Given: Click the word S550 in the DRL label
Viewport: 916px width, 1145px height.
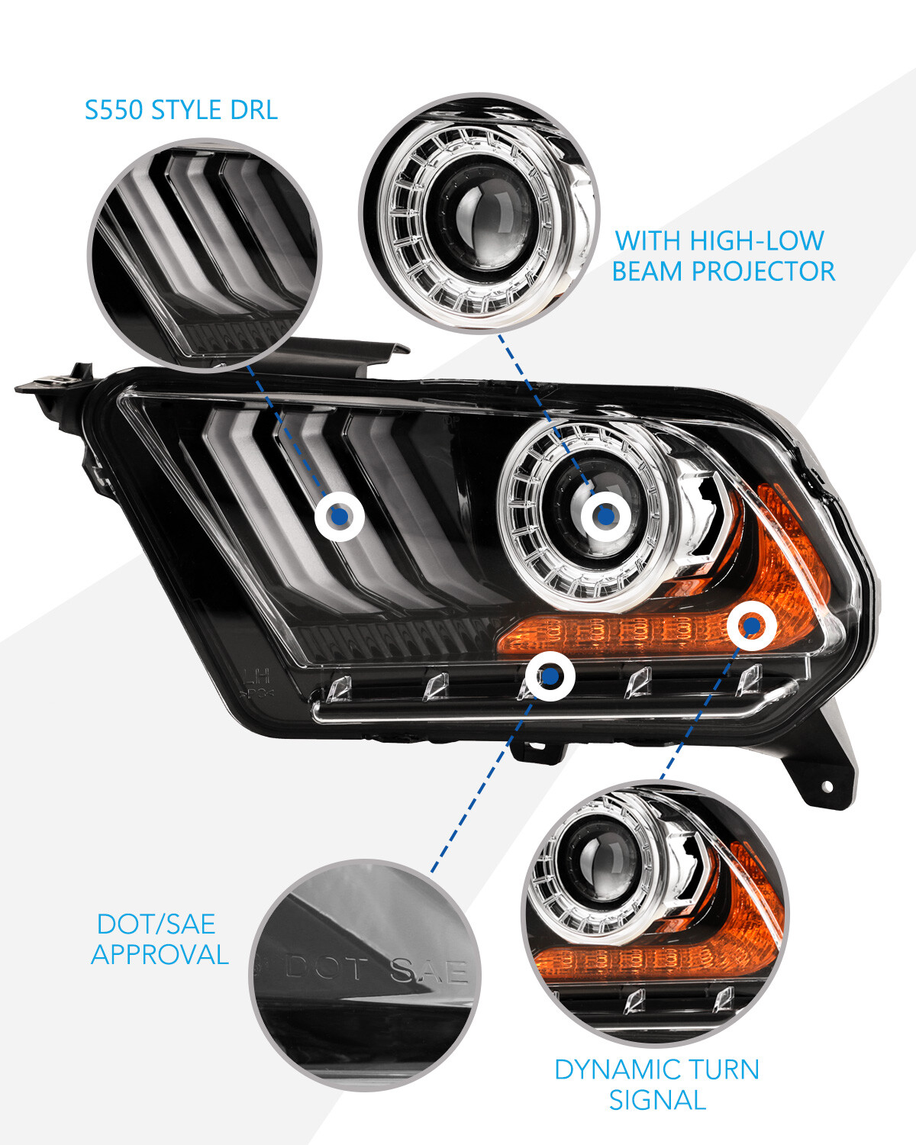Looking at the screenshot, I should tap(113, 110).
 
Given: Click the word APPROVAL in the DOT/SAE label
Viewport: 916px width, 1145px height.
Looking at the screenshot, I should tap(160, 954).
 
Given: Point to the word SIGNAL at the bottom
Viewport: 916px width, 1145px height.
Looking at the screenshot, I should tap(656, 1100).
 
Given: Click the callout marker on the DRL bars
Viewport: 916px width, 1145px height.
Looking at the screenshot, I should tap(340, 517).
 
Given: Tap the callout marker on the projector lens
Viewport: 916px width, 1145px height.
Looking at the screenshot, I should tap(605, 517).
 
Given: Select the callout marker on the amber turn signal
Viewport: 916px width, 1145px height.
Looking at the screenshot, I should tap(752, 627).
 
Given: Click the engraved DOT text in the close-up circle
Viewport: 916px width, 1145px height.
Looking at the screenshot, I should tap(326, 969).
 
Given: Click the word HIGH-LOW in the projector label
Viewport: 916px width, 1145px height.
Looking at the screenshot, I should tap(756, 240).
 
